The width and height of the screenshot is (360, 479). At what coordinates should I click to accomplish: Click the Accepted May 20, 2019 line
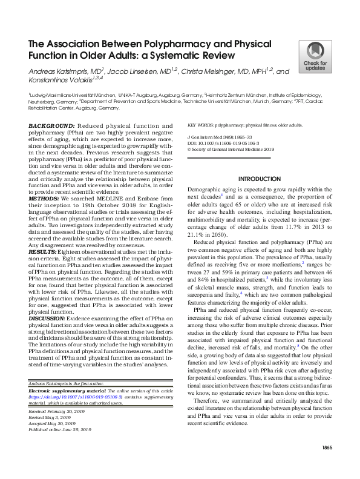click(51, 423)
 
